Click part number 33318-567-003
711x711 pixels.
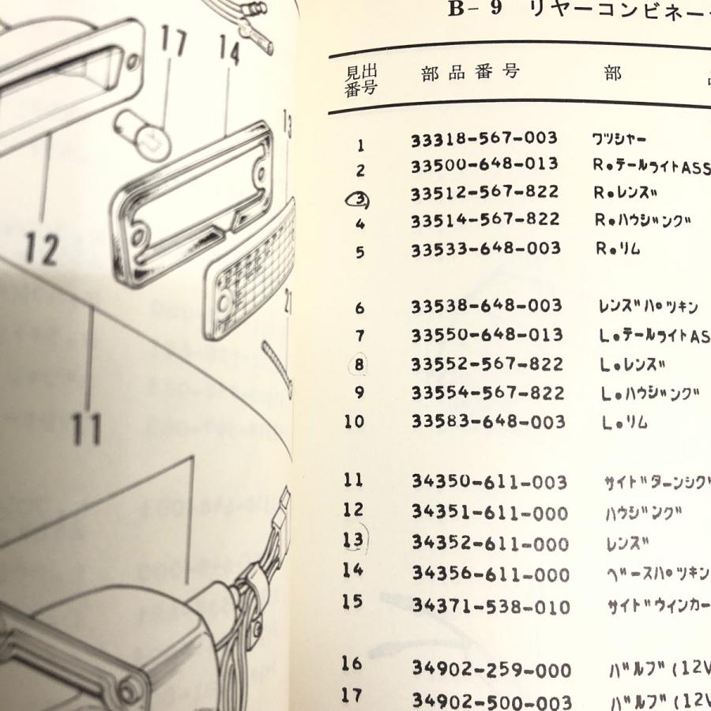pos(483,139)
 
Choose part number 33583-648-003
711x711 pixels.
pos(487,422)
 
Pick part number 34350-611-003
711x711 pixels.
pos(489,482)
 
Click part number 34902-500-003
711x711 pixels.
pos(491,700)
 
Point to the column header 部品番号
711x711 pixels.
pos(470,73)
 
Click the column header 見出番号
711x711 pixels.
pos(361,80)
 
